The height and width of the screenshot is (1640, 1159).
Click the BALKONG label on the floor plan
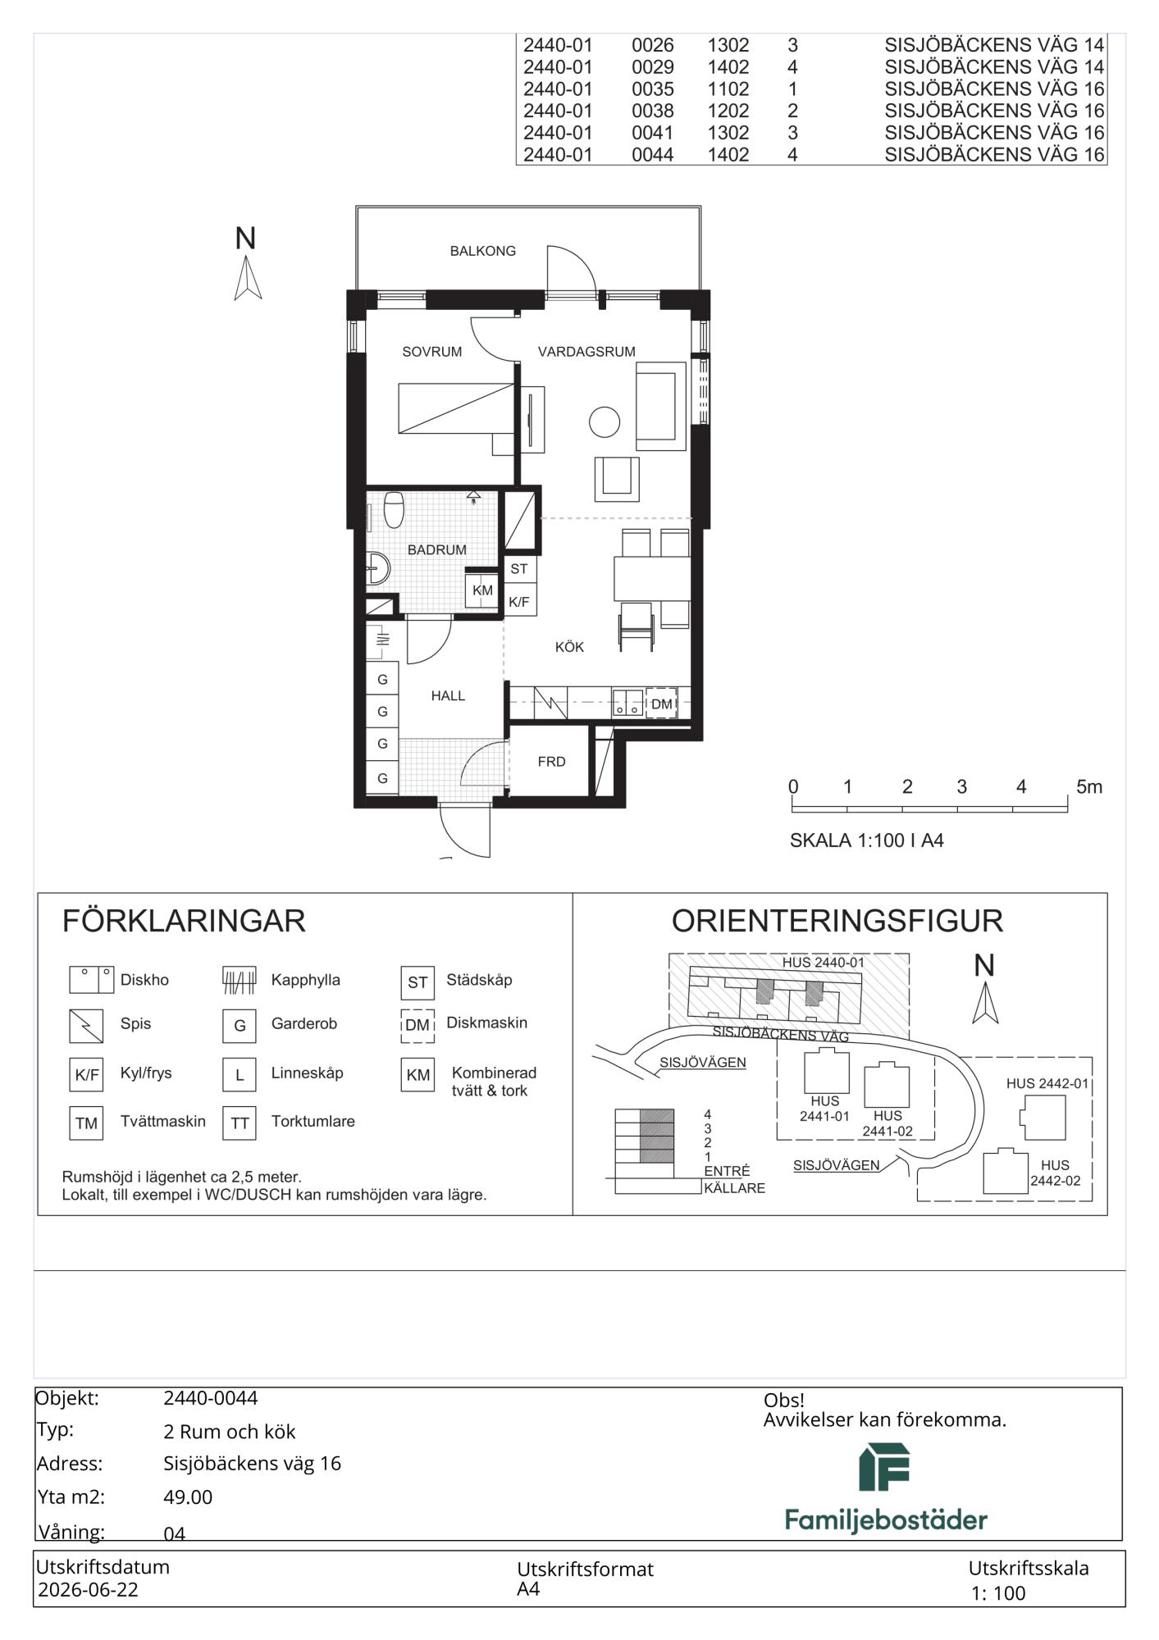pos(482,251)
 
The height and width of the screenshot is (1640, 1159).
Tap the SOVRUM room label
pos(431,352)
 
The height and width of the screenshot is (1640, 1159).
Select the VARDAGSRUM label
pos(586,352)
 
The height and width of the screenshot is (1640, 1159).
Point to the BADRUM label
pos(436,550)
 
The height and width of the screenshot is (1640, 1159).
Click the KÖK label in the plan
pos(569,647)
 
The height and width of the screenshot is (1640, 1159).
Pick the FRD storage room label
pos(551,762)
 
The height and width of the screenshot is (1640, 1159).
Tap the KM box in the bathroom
pos(482,590)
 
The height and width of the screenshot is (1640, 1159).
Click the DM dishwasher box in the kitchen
pos(661,704)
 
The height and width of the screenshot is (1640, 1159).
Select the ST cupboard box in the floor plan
pos(519,569)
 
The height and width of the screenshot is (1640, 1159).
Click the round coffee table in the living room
pos(605,422)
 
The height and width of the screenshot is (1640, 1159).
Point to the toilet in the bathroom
pos(394,509)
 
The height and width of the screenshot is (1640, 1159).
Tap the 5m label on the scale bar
pos(1089,787)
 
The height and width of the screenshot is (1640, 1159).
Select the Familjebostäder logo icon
pos(884,1467)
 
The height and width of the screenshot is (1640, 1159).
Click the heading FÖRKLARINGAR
pos(184,921)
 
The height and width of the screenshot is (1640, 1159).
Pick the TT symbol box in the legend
pos(240,1123)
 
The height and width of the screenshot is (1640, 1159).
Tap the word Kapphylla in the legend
pos(305,980)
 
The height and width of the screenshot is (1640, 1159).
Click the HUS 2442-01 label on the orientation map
pos(1047,1083)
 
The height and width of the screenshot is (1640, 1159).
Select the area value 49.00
pos(188,1497)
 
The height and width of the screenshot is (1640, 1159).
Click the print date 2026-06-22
pos(88,1590)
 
